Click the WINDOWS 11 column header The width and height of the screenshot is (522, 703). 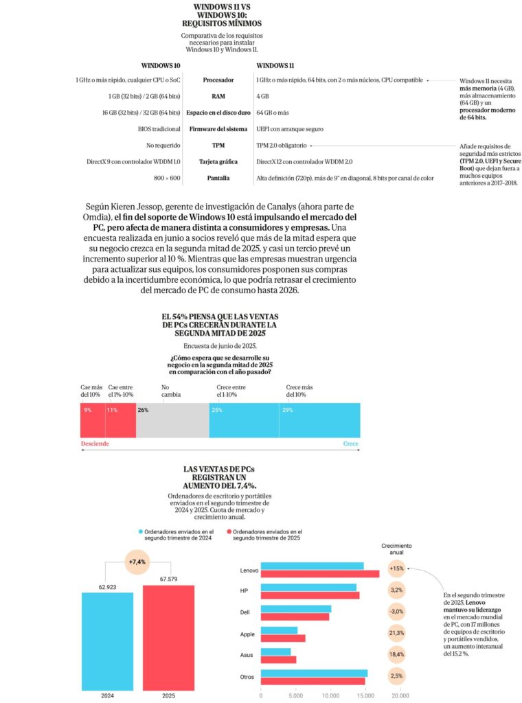pos(275,65)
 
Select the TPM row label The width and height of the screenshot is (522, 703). pos(218,146)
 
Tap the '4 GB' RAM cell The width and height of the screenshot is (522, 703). pos(262,97)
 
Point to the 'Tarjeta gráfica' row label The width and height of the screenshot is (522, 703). pos(218,162)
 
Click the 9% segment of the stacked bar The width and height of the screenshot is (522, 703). pos(93,420)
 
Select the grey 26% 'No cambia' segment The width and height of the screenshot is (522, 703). pos(172,420)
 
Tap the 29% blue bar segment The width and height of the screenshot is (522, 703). pos(319,420)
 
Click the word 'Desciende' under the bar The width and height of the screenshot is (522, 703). pos(95,443)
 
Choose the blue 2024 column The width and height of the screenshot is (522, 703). pos(106,638)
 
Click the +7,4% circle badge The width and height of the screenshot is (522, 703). pos(137,562)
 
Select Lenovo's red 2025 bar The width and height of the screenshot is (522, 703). pos(320,574)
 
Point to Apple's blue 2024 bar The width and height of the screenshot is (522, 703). pos(280,630)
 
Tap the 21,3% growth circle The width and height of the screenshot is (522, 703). pos(396,633)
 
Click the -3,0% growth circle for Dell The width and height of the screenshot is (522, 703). pos(396,611)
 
